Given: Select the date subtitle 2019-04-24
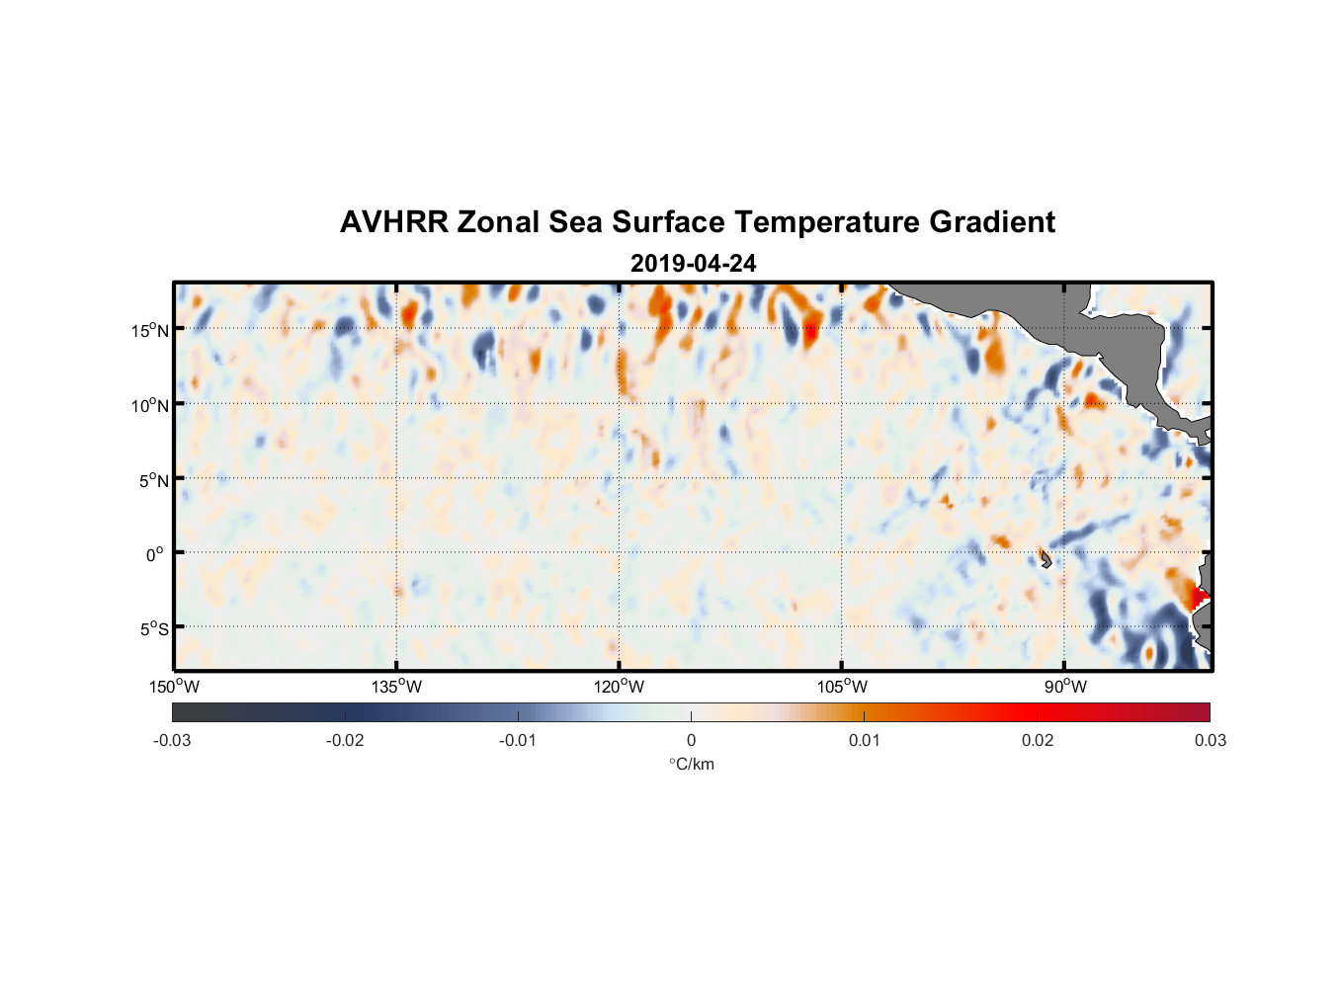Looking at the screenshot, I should [693, 264].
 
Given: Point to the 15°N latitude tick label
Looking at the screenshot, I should [149, 330].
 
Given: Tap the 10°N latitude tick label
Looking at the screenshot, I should [149, 405].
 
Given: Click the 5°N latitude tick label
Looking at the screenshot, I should [152, 480].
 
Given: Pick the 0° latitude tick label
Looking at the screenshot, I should [155, 554].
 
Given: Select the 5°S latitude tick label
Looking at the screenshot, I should [152, 629].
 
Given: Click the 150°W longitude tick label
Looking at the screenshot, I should [175, 687].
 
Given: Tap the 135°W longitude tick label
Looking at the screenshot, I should [397, 687].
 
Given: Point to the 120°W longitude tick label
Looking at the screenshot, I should [620, 687].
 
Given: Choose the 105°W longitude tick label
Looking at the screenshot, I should [842, 687].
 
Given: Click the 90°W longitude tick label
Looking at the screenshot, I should [1064, 687].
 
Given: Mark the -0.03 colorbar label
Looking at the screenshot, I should [172, 740].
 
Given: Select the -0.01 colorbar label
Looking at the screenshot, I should [518, 740].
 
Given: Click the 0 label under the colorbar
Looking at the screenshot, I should [691, 740].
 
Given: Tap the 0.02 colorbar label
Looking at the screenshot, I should [1038, 740].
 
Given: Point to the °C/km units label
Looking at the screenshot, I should [691, 764].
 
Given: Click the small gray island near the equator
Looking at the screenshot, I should [1045, 560].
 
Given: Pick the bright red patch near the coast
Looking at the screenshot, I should [1198, 597].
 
